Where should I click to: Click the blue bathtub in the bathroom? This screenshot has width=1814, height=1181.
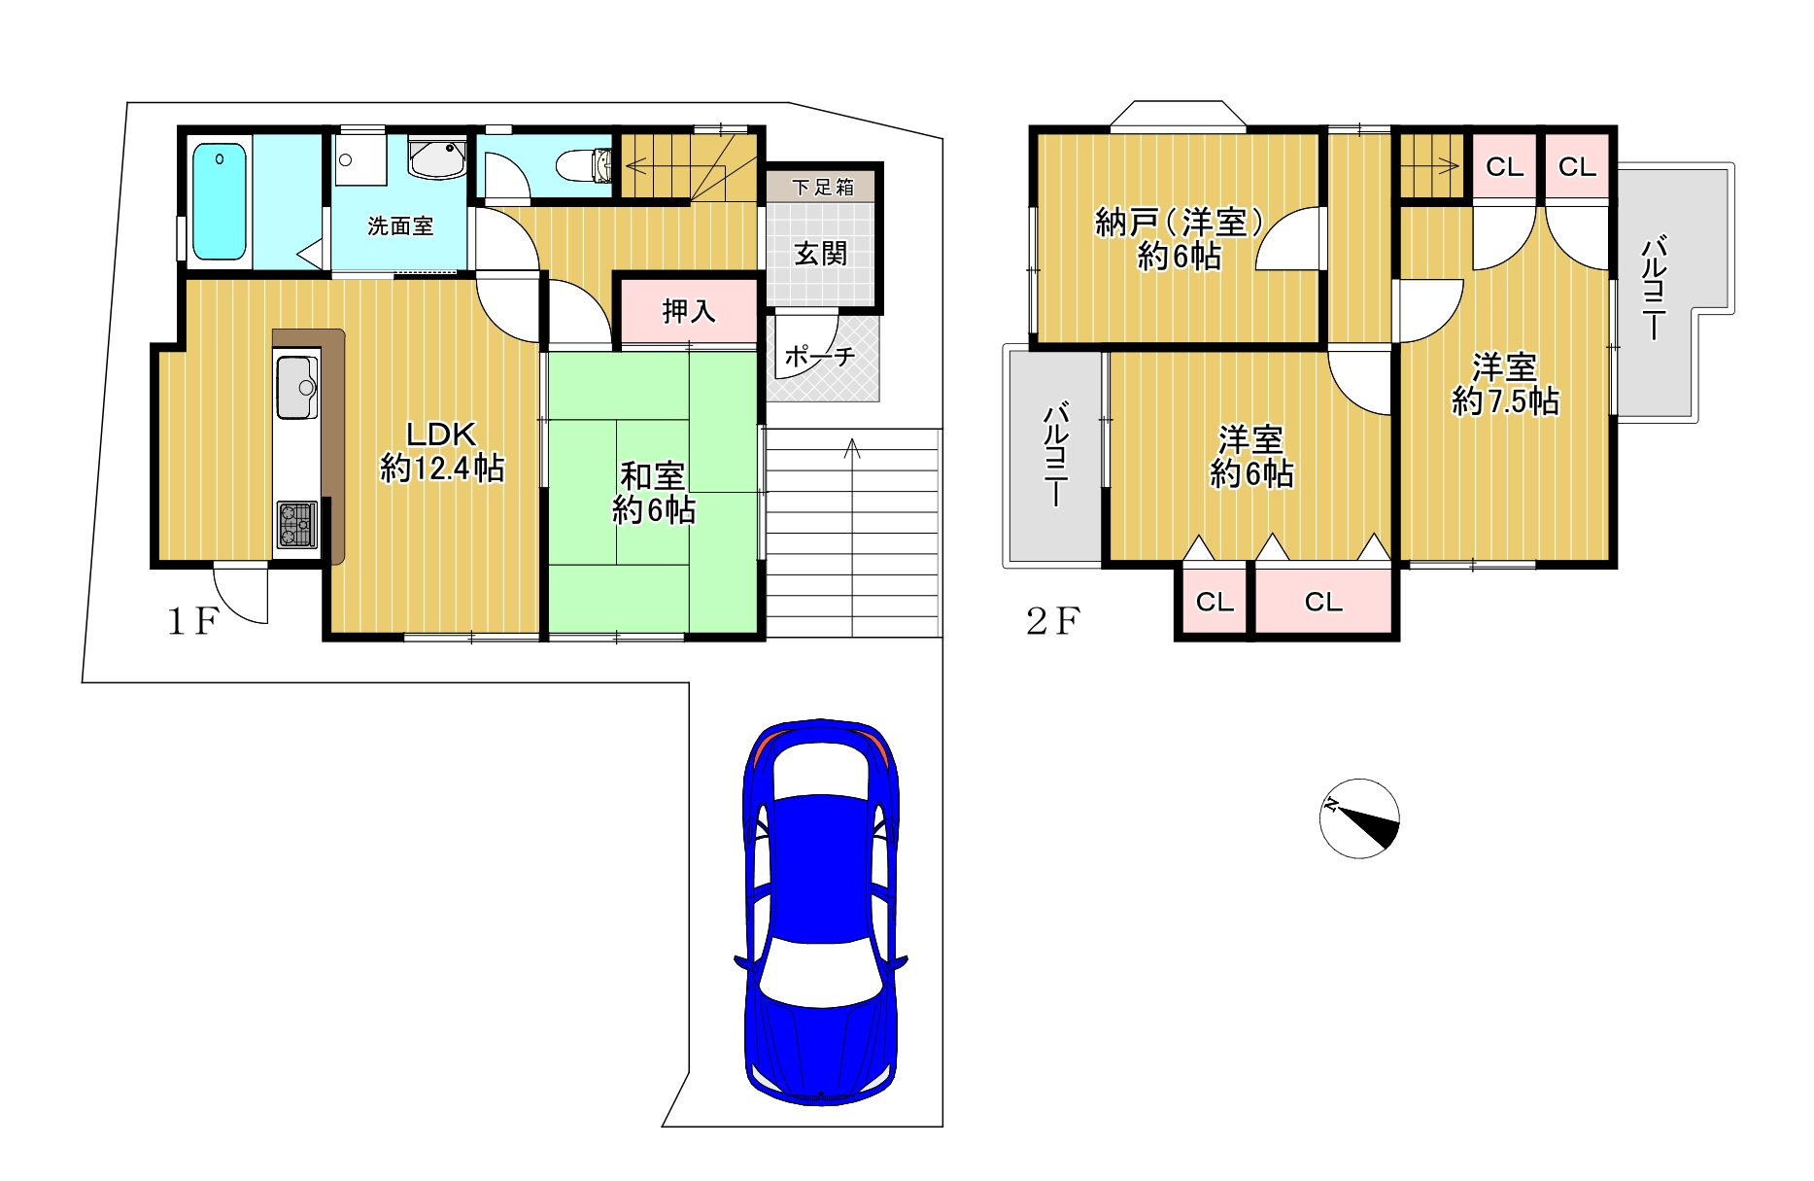tap(219, 201)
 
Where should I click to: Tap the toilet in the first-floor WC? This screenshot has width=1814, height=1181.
tap(582, 164)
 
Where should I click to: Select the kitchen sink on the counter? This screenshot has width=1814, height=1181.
tap(296, 387)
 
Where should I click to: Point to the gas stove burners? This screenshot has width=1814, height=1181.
tap(296, 524)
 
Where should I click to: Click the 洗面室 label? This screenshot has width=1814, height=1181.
tap(400, 226)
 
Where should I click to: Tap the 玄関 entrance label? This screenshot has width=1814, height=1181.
tap(821, 255)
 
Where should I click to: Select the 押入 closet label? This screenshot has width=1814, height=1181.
tap(689, 311)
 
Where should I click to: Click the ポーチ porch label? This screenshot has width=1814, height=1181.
tap(820, 357)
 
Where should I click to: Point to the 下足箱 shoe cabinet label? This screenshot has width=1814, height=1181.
tap(822, 187)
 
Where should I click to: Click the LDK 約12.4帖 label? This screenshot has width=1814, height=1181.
tap(442, 452)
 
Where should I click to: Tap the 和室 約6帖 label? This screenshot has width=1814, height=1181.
tap(654, 493)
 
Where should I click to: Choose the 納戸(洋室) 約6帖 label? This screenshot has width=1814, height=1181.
tap(1180, 239)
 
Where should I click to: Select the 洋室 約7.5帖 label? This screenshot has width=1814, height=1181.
tap(1505, 385)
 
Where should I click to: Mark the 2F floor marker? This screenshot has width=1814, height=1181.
tap(1053, 621)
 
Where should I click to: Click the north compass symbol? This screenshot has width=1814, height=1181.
tap(1359, 818)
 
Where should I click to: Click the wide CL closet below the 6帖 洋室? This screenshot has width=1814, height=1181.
tap(1323, 602)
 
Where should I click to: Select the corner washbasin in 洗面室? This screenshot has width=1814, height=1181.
tap(438, 158)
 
